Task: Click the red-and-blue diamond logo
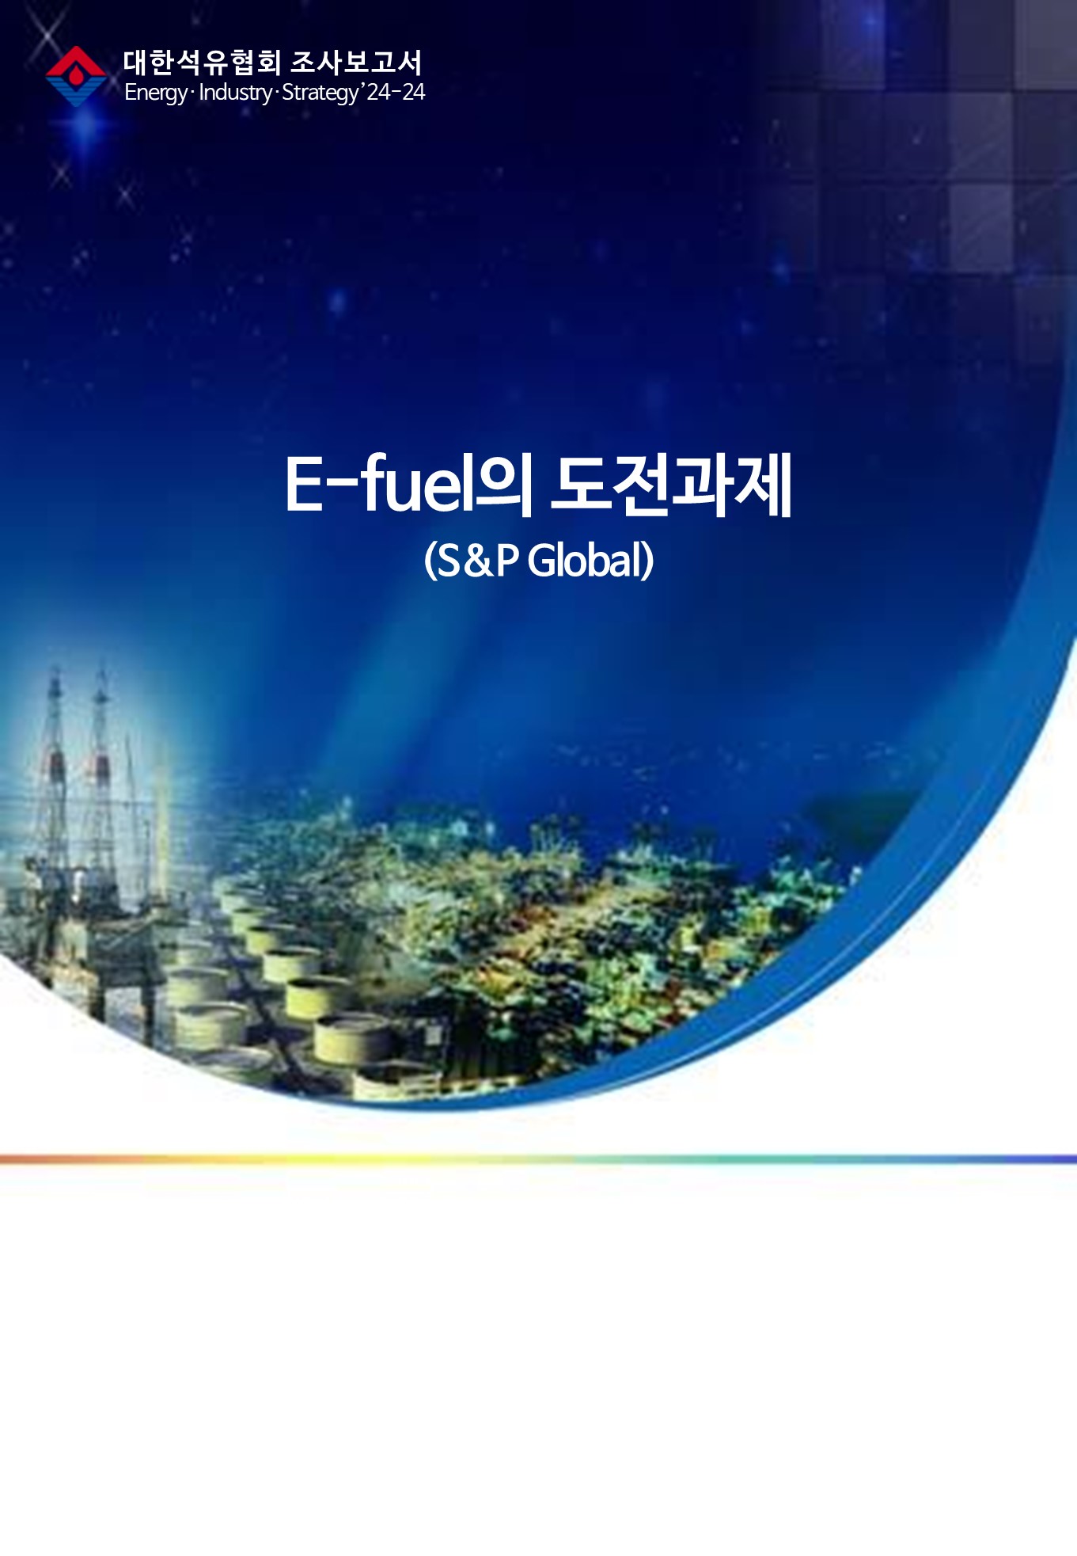[x=76, y=76]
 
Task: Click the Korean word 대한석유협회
[x=202, y=63]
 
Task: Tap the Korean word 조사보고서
[x=356, y=63]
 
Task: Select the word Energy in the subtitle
[x=156, y=93]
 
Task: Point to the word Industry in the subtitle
[x=235, y=93]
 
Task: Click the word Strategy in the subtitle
[x=320, y=93]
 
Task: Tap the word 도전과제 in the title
[x=671, y=484]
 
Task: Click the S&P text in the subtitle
[x=478, y=560]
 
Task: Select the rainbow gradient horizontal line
[x=538, y=1159]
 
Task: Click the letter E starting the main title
[x=305, y=484]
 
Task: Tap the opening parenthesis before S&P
[x=430, y=561]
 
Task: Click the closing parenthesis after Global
[x=648, y=561]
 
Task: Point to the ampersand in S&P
[x=477, y=561]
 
